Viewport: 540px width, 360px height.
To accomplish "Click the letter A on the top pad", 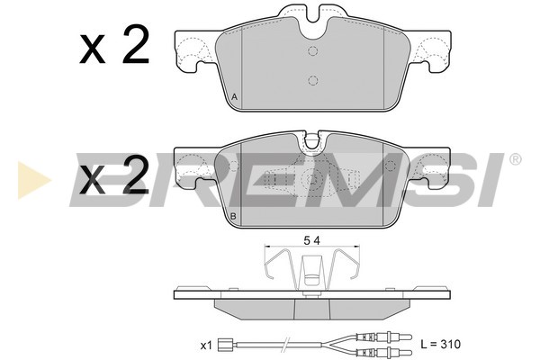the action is tap(235, 97).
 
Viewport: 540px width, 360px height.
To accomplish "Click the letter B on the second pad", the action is tap(233, 216).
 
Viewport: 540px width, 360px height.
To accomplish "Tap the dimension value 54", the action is tap(312, 241).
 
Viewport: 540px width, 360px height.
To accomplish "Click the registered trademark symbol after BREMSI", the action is tap(515, 159).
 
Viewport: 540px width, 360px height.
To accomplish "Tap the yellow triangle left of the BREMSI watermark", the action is tap(34, 179).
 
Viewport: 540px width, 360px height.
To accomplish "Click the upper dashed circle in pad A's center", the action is tap(312, 51).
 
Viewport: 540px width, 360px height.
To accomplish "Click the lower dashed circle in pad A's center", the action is tap(312, 81).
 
